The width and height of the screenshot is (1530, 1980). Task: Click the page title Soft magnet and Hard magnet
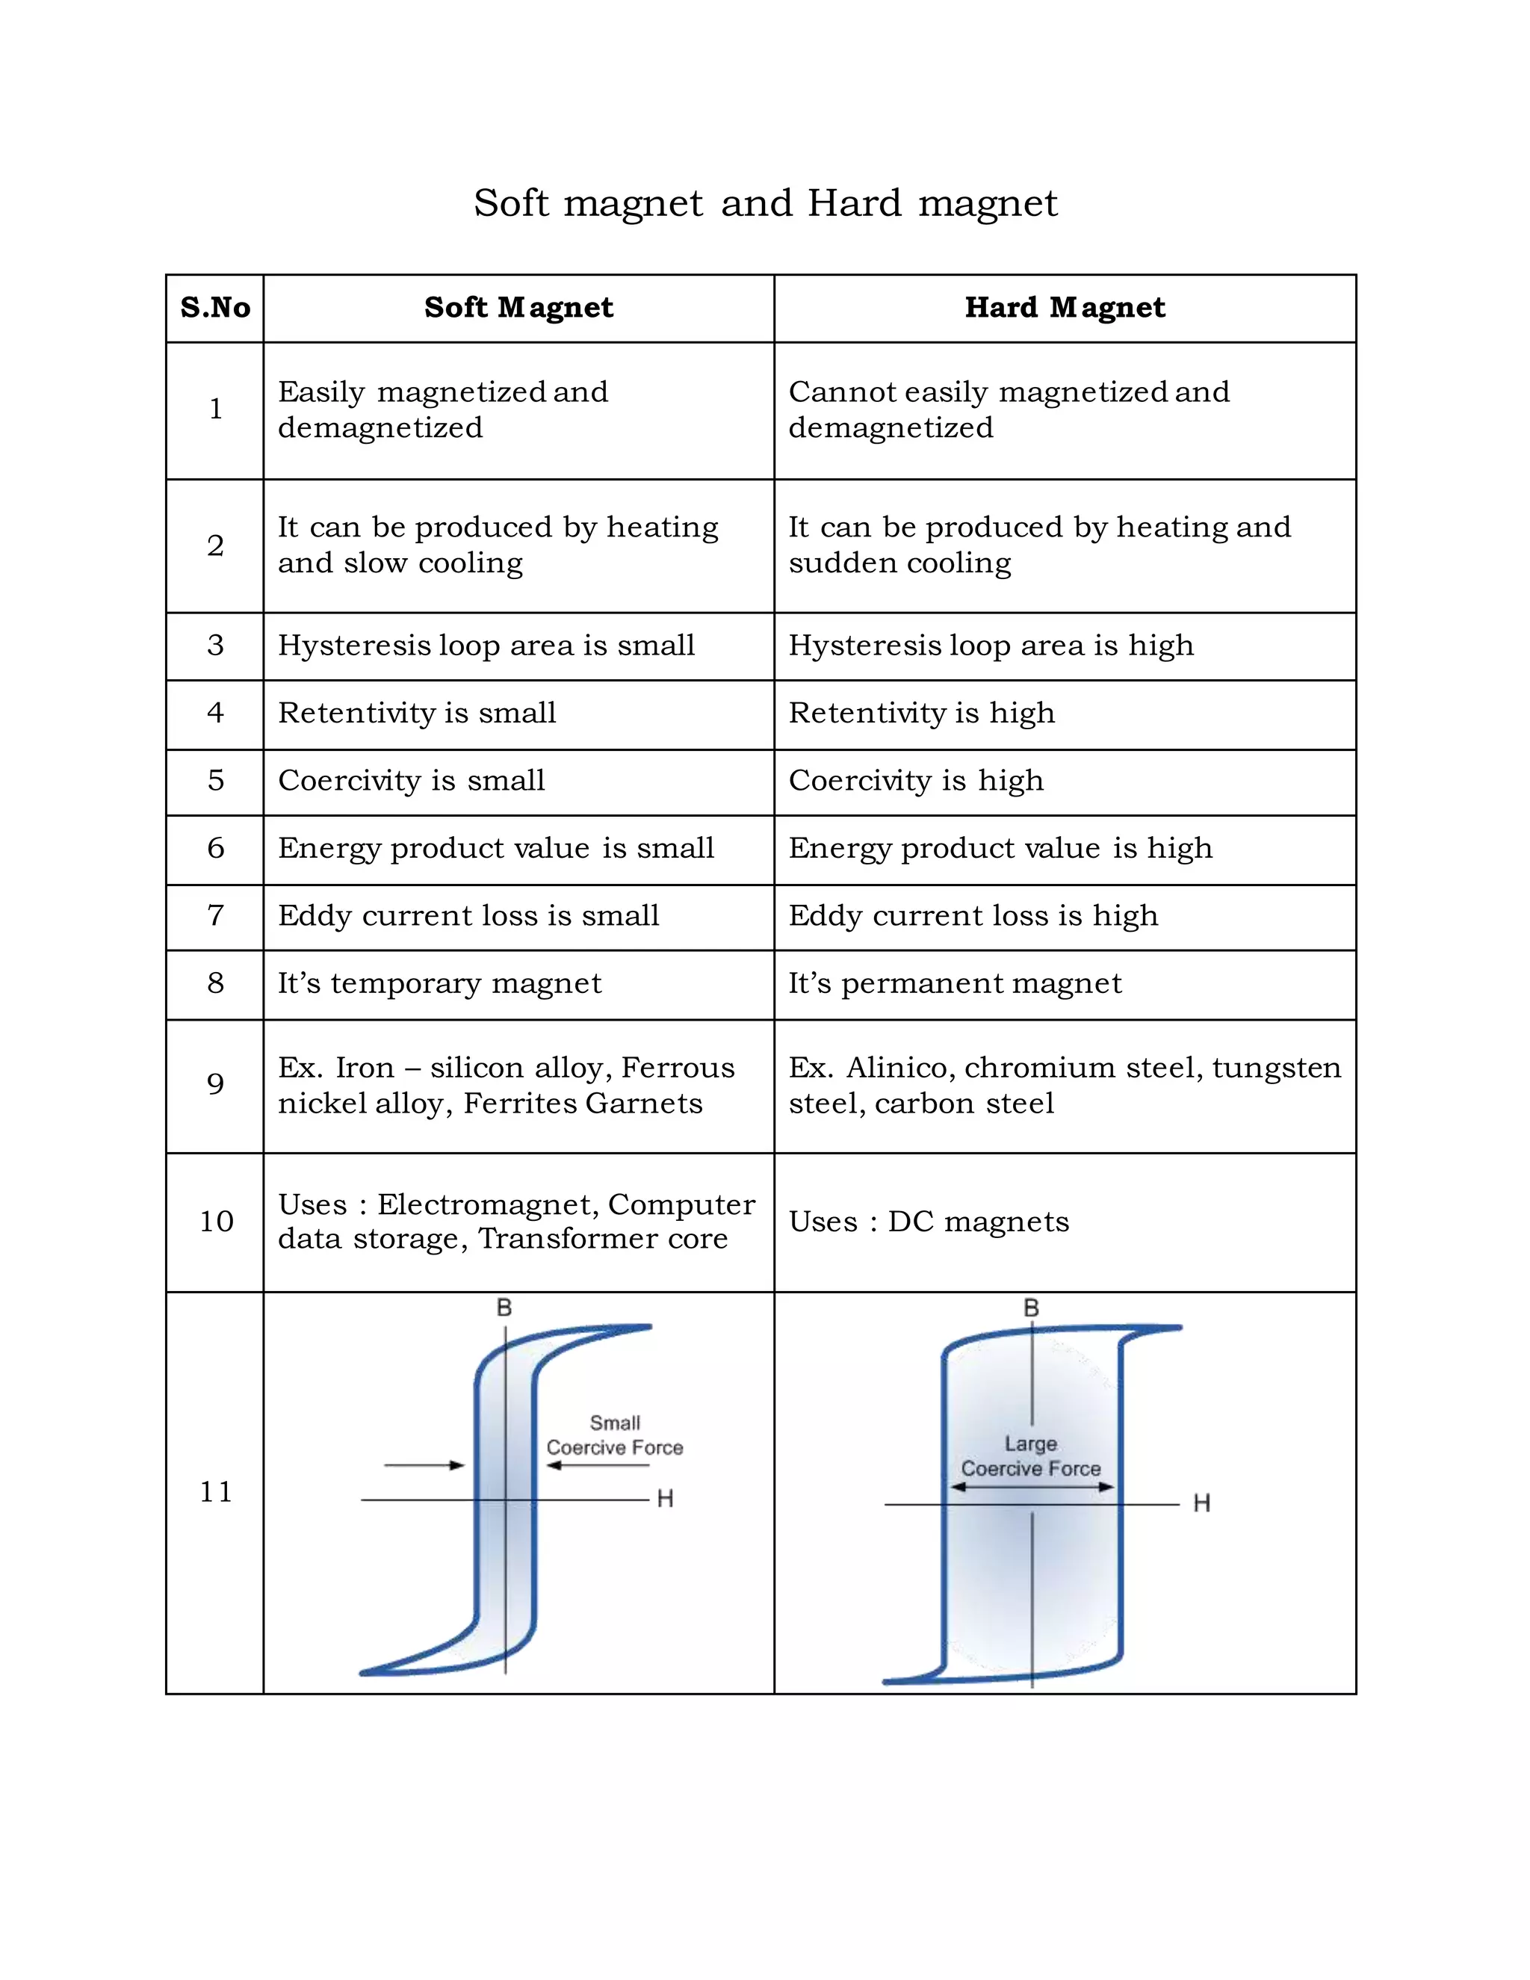[x=765, y=203]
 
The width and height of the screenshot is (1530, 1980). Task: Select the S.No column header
[x=215, y=309]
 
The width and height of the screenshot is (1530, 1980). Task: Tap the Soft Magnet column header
[x=518, y=309]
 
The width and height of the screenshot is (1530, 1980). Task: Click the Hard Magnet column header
[x=1065, y=309]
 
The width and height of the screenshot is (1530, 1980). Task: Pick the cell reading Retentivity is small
[x=417, y=714]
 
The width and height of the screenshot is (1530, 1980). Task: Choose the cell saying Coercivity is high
[x=915, y=781]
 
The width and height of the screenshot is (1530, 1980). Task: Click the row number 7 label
[x=215, y=916]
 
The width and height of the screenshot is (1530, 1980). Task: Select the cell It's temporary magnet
[x=439, y=984]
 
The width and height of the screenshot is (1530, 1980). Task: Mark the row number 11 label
[x=215, y=1492]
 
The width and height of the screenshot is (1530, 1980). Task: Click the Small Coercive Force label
[x=615, y=1435]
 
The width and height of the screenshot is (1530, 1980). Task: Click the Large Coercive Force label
[x=1030, y=1456]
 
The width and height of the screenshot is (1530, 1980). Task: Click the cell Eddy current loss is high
[x=973, y=916]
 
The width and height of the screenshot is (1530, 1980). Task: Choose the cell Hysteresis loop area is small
[x=486, y=646]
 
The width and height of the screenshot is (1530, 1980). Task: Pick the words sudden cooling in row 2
[x=899, y=563]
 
